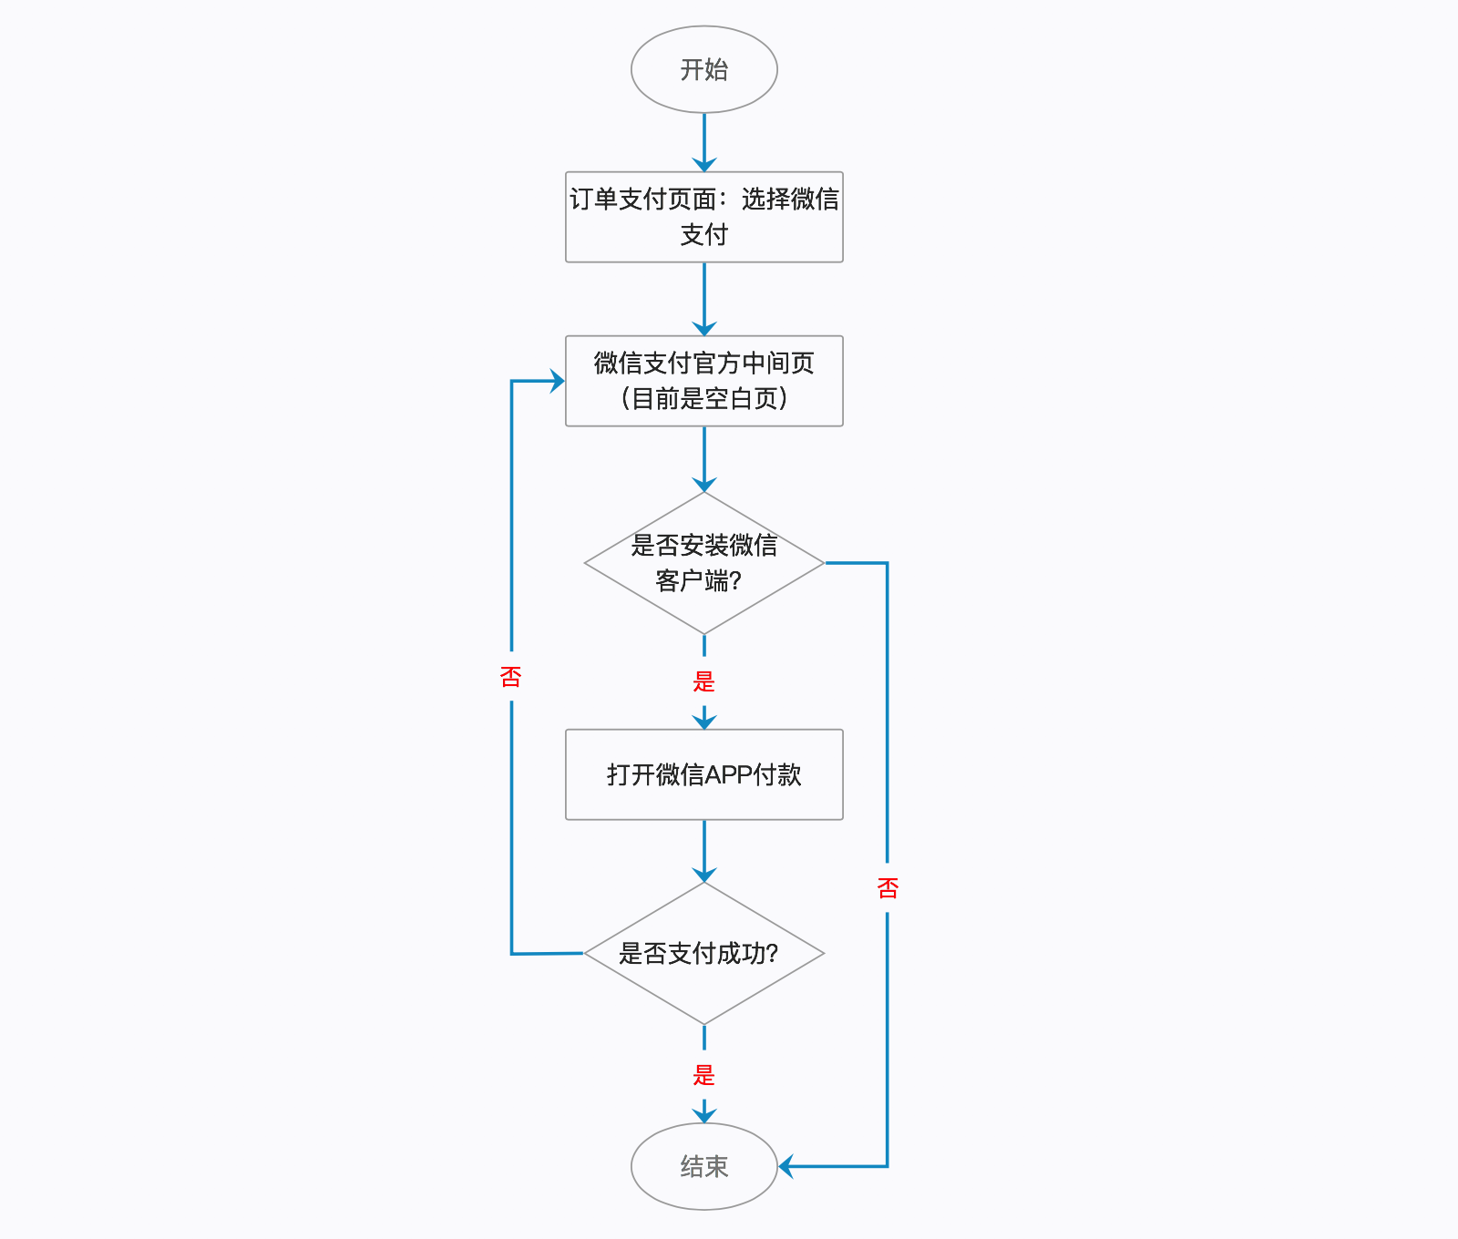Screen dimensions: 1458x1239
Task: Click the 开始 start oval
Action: pyautogui.click(x=704, y=69)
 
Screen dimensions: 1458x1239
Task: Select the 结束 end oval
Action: pyautogui.click(x=704, y=1166)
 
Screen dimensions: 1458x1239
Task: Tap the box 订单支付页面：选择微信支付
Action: pyautogui.click(x=704, y=217)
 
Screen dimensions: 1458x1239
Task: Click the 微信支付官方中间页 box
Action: pyautogui.click(x=704, y=381)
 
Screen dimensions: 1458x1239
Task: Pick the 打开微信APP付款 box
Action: pyautogui.click(x=704, y=774)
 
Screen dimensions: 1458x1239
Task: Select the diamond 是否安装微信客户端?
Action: pyautogui.click(x=704, y=563)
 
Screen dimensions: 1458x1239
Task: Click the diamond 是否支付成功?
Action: pyautogui.click(x=704, y=953)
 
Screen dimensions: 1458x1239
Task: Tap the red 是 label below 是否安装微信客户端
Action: pyautogui.click(x=703, y=681)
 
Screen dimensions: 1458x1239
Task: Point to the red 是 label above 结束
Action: pyautogui.click(x=703, y=1075)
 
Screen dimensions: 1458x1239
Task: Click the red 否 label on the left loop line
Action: pyautogui.click(x=511, y=677)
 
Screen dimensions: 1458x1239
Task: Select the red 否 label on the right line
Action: pyautogui.click(x=888, y=888)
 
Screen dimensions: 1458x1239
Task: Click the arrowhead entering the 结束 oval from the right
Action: pyautogui.click(x=785, y=1166)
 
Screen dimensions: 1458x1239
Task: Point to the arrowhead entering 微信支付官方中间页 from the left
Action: pyautogui.click(x=557, y=381)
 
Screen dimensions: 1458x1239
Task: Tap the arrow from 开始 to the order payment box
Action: pyautogui.click(x=704, y=142)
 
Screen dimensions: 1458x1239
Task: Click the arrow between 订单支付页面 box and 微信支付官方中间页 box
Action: pyautogui.click(x=704, y=299)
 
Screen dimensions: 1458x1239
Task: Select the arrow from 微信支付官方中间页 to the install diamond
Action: pyautogui.click(x=704, y=459)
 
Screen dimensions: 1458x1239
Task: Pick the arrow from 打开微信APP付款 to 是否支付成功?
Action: pyautogui.click(x=704, y=851)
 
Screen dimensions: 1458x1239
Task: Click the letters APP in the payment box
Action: pyautogui.click(x=729, y=774)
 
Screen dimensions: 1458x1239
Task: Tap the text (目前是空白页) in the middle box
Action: pyautogui.click(x=704, y=398)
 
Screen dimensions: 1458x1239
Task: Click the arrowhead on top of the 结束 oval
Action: pyautogui.click(x=704, y=1114)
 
